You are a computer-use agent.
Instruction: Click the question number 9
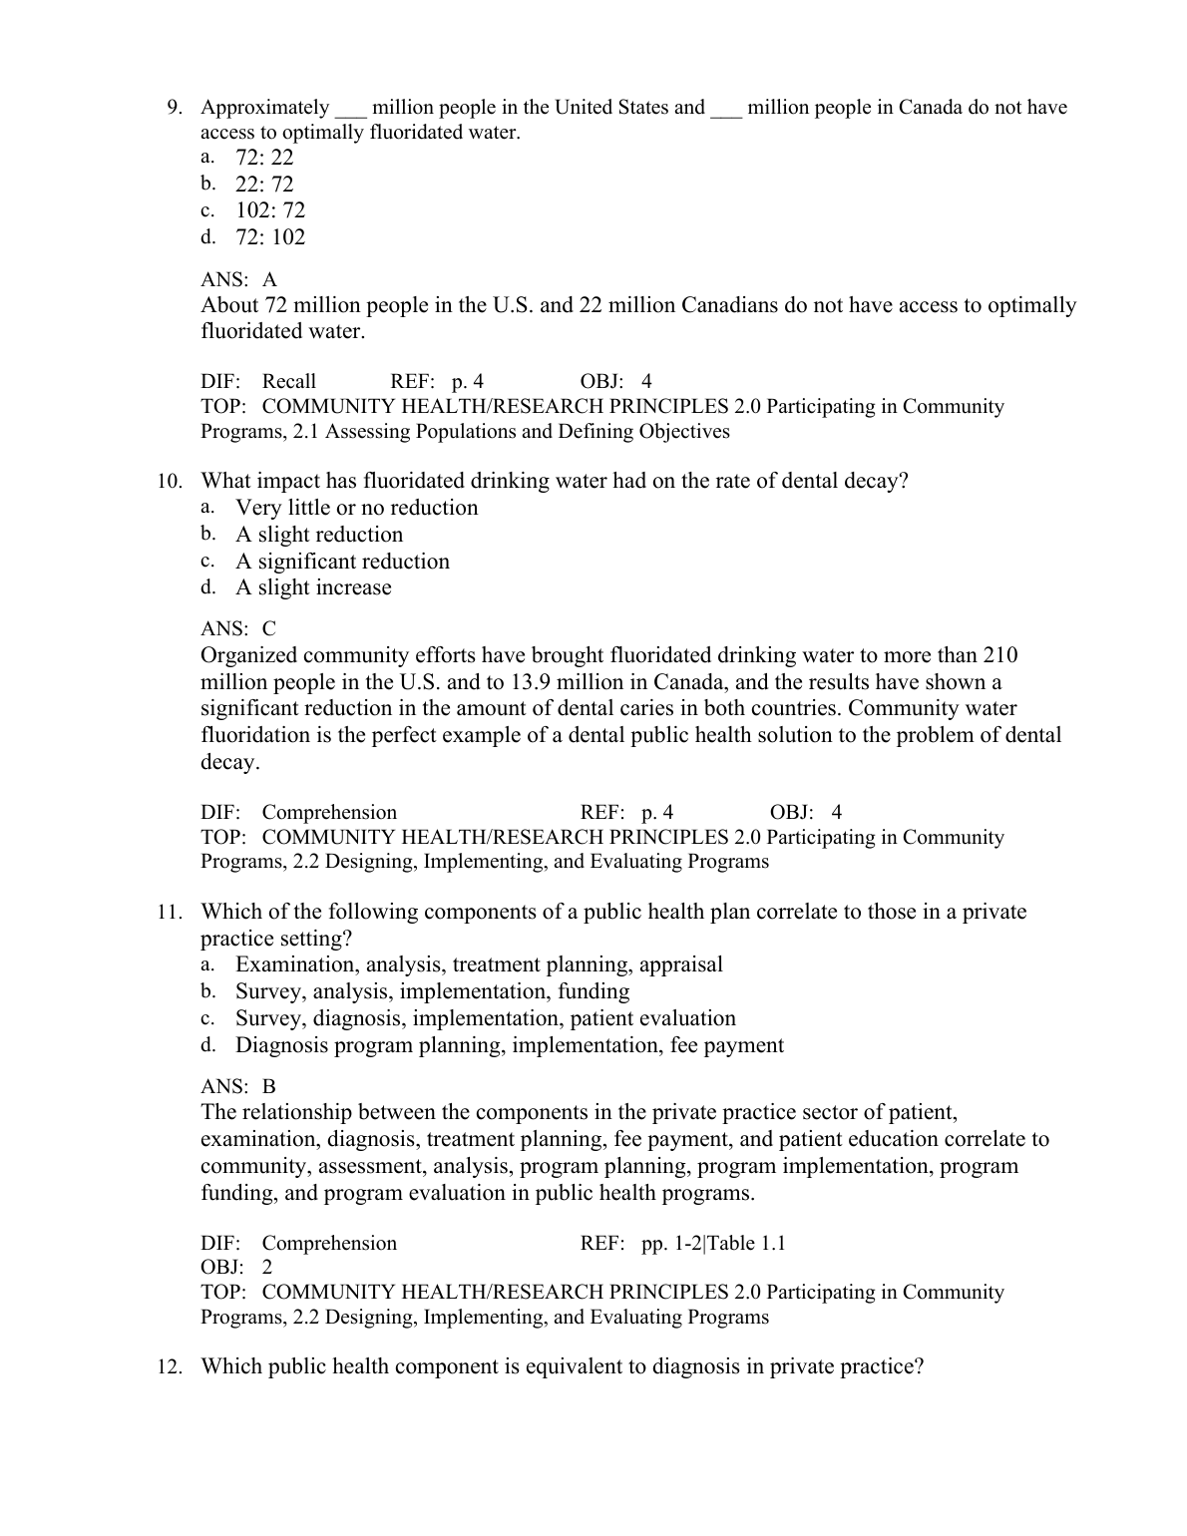(x=174, y=108)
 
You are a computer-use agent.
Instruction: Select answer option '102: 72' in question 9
(x=270, y=210)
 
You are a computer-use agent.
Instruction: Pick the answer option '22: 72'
(x=264, y=184)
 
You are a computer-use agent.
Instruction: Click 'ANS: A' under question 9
(x=238, y=280)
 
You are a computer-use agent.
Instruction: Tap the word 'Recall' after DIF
(x=288, y=381)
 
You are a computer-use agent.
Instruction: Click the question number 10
(x=170, y=482)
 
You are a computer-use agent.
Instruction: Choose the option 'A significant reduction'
(x=342, y=562)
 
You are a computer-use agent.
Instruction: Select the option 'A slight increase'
(x=313, y=587)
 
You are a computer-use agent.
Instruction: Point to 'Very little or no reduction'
(x=356, y=508)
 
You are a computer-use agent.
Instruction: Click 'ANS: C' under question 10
(x=238, y=629)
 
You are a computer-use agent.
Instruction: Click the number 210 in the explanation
(x=1000, y=655)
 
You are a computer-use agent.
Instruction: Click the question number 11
(x=170, y=913)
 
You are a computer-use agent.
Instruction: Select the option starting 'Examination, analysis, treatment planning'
(x=479, y=964)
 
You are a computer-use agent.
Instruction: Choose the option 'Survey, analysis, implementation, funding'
(x=432, y=991)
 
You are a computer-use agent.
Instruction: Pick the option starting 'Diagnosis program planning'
(x=509, y=1045)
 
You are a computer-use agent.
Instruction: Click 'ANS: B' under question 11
(x=238, y=1086)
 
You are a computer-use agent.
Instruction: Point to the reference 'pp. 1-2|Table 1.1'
(x=713, y=1244)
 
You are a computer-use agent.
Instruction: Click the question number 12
(x=170, y=1367)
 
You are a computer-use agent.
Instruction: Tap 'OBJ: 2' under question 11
(x=236, y=1268)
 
